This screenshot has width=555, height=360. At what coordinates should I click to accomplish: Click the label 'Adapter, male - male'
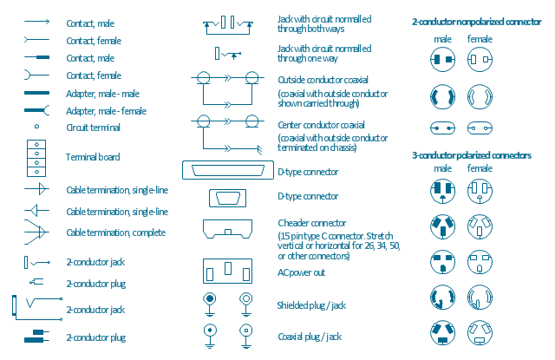point(102,94)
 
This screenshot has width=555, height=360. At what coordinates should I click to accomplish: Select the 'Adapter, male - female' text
point(105,111)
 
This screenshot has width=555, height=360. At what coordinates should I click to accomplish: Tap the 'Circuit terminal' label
point(93,128)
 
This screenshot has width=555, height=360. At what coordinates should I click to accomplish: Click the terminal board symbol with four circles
point(36,157)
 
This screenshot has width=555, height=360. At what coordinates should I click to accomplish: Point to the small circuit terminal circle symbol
point(36,127)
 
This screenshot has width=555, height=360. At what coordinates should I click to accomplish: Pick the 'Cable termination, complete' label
point(115,232)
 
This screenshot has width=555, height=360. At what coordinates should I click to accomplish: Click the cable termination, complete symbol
point(35,232)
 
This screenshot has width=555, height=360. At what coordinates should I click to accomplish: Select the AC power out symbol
point(228,272)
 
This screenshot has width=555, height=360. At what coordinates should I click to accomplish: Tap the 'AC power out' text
point(301,272)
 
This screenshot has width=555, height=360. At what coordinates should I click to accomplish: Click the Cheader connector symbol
point(228,230)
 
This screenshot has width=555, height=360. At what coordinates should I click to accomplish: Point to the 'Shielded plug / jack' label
point(311,305)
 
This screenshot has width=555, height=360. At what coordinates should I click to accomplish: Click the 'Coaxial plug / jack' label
point(309,336)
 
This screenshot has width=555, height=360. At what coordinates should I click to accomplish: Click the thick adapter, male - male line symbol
point(36,93)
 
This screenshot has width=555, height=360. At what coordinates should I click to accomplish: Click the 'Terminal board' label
point(93,158)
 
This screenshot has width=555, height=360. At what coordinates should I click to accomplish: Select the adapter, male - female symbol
point(36,110)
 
